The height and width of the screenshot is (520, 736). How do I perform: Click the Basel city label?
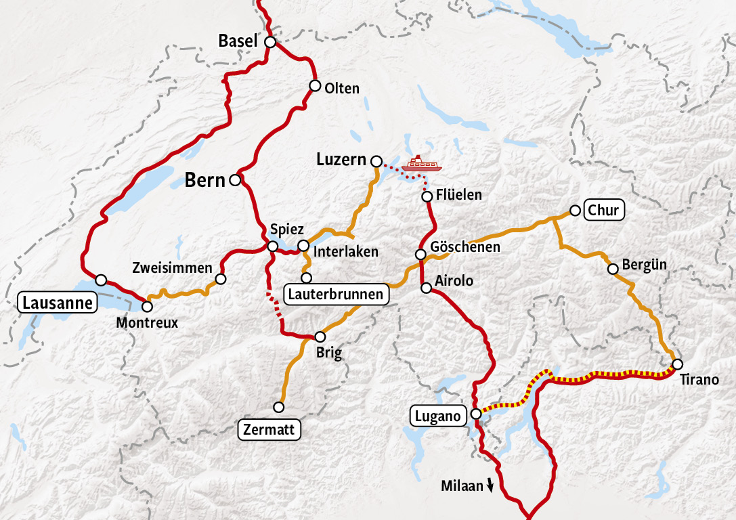pos(238,41)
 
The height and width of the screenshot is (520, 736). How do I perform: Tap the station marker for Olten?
pos(315,85)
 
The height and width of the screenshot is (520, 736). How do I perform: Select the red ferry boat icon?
pos(421,164)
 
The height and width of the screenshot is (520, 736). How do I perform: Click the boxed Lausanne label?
pos(57,303)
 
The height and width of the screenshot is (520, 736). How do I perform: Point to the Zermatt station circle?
pos(278,407)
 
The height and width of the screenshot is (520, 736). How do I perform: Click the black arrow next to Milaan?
pos(490,486)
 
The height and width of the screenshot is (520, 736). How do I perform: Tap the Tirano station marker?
pos(677,364)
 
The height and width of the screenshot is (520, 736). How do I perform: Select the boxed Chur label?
pos(603,211)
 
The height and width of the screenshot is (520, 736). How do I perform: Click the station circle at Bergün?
pos(613,269)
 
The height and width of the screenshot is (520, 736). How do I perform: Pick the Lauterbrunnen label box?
pos(335,295)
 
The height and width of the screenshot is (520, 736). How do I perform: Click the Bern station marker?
pos(235,180)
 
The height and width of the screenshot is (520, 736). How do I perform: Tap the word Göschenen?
pos(466,247)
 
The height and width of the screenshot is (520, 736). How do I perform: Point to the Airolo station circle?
pos(427,288)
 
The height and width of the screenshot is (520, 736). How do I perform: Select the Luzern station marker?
pos(376,160)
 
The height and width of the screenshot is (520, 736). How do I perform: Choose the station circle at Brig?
pos(320,337)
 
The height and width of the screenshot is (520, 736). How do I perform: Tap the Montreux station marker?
pos(147,307)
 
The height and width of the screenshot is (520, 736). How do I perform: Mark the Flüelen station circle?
pos(427,196)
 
